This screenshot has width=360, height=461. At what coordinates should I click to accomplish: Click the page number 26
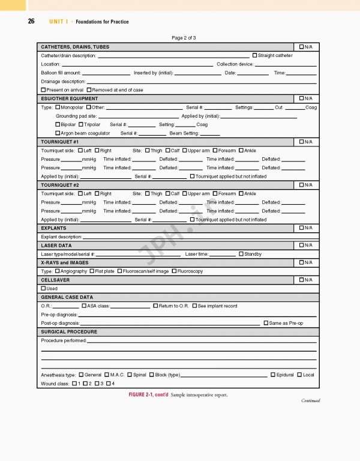[31, 22]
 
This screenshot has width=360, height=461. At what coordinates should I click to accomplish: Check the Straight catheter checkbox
[254, 55]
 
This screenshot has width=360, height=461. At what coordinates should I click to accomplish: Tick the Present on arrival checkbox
[43, 90]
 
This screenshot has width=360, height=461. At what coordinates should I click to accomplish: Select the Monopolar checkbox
[58, 107]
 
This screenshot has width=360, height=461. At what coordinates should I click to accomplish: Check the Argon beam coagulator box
[58, 133]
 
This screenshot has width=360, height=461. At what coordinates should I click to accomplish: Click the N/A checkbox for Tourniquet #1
[302, 142]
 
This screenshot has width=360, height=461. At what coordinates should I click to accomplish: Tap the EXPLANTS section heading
[53, 228]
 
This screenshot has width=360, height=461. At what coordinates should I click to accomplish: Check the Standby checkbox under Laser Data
[241, 254]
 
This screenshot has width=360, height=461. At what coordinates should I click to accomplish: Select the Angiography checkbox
[57, 271]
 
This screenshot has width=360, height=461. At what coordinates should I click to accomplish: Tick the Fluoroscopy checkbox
[174, 271]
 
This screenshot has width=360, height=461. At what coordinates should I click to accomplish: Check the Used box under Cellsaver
[43, 289]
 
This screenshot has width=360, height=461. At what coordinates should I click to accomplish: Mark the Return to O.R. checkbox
[156, 306]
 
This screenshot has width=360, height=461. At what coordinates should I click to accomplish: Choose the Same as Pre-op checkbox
[266, 323]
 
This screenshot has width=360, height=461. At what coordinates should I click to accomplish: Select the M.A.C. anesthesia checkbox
[107, 375]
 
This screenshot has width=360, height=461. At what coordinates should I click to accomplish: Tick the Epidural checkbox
[273, 375]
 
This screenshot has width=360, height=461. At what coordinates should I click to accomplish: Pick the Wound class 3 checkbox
[97, 383]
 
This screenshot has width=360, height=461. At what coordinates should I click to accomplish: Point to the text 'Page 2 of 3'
[184, 38]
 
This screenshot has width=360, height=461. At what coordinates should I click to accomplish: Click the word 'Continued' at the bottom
[310, 401]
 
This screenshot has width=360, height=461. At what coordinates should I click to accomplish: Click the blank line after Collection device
[286, 64]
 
